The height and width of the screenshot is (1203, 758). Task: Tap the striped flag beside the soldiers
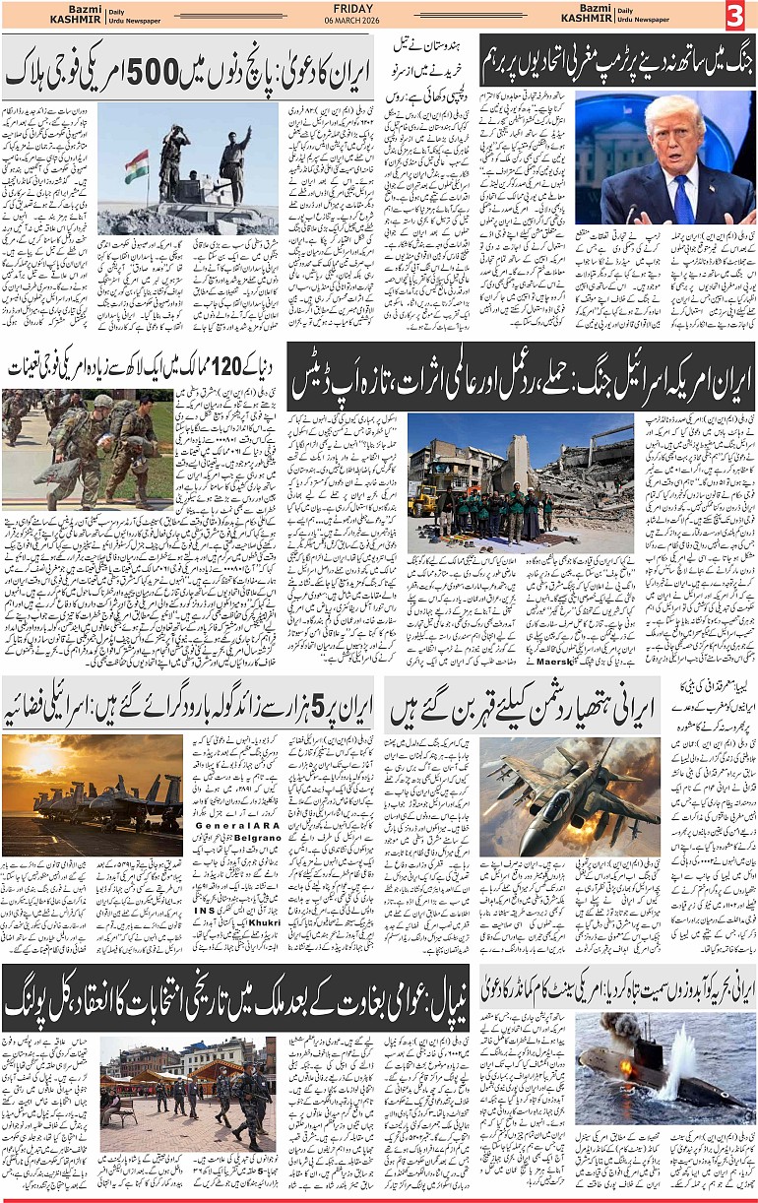click(x=137, y=165)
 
